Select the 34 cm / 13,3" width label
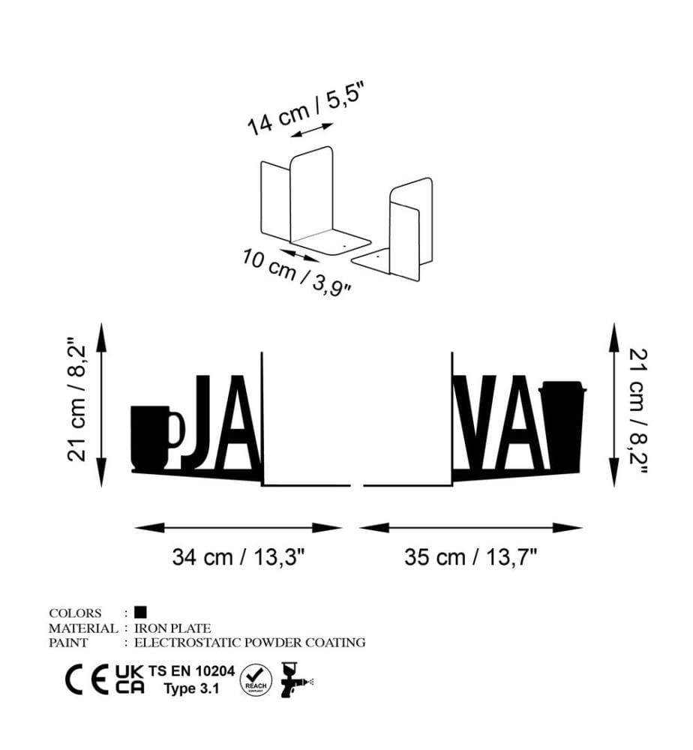click(238, 557)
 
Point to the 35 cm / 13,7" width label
click(470, 557)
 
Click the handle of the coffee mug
click(177, 428)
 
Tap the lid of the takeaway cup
click(562, 387)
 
